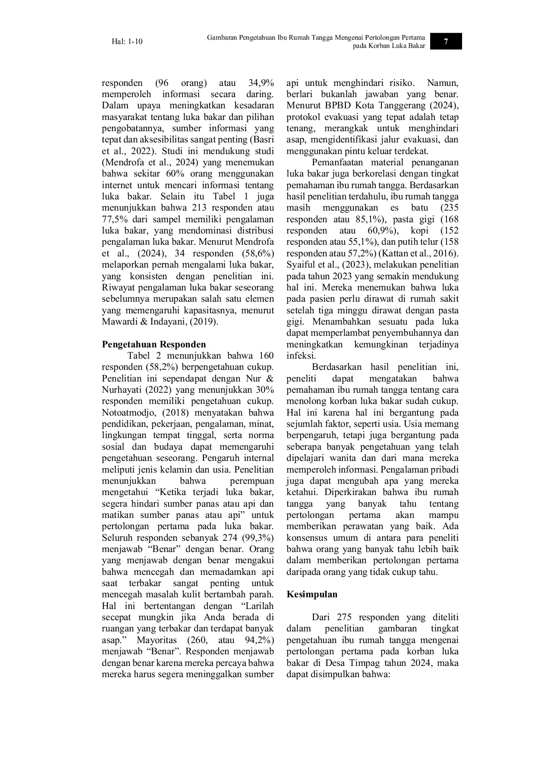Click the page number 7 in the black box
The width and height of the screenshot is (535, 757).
coord(446,41)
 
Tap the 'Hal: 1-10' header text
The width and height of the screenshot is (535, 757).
coord(127,42)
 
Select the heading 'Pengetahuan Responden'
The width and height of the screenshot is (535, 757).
coord(154,344)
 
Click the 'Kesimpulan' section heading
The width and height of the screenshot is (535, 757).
coord(312,594)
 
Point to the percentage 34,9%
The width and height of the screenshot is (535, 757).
coord(261,83)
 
